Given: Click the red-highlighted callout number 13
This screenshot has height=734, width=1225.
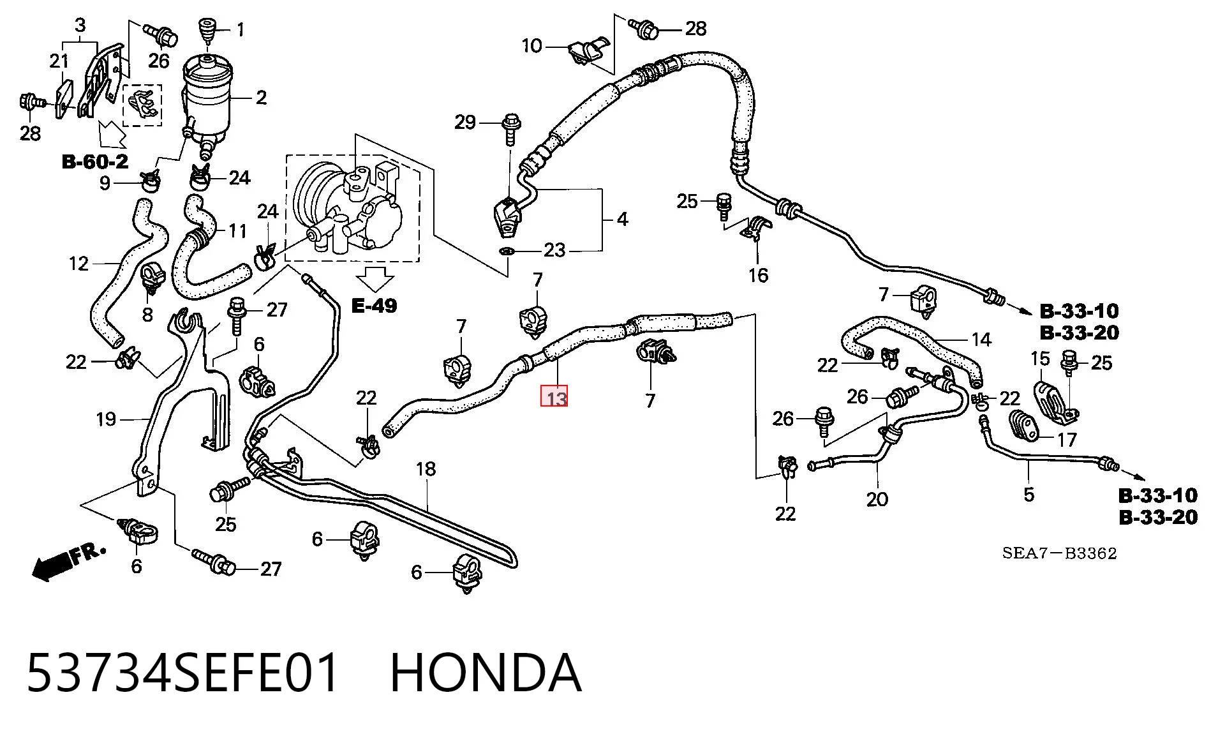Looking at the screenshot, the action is click(x=554, y=397).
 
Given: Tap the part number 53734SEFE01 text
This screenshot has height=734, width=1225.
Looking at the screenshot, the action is click(x=183, y=673).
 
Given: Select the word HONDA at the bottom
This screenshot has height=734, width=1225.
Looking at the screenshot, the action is click(x=486, y=673).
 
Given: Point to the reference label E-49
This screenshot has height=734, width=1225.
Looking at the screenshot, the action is click(x=375, y=306).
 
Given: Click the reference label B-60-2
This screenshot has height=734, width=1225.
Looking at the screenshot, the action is click(x=95, y=161).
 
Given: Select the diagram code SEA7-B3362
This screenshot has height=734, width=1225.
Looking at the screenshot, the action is click(x=1059, y=553).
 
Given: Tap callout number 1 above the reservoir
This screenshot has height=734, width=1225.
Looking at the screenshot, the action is click(x=241, y=29).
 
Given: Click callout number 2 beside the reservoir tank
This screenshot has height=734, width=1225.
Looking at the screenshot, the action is click(x=261, y=98).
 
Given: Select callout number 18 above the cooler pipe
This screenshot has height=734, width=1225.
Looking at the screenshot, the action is click(x=426, y=469).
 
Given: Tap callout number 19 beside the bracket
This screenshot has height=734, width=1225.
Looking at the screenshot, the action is click(x=106, y=419).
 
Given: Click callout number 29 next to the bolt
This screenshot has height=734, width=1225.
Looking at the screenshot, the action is click(x=465, y=122).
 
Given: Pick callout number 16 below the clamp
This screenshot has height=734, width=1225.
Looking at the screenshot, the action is click(x=759, y=275).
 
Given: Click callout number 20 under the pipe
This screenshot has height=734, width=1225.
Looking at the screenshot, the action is click(x=877, y=499).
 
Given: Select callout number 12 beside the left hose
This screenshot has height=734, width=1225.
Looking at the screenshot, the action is click(x=78, y=264).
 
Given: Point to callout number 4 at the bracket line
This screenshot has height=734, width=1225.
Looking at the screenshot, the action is click(x=623, y=220).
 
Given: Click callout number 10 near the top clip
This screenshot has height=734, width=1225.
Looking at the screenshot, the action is click(x=531, y=46).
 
